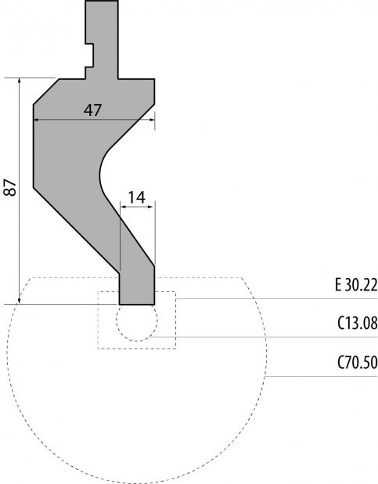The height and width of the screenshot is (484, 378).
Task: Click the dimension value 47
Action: [x=92, y=110]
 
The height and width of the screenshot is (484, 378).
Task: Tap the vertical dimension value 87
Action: [x=11, y=187]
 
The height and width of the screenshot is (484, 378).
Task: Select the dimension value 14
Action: [x=136, y=197]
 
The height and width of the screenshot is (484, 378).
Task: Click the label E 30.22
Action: [x=356, y=285]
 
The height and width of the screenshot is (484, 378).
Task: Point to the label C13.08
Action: [x=358, y=323]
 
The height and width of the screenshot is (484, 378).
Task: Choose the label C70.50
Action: [x=358, y=363]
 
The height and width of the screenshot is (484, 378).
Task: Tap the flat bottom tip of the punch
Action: [x=137, y=305]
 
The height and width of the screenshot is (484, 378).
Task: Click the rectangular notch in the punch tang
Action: [x=89, y=55]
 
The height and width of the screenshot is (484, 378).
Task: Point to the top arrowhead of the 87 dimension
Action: [x=20, y=80]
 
